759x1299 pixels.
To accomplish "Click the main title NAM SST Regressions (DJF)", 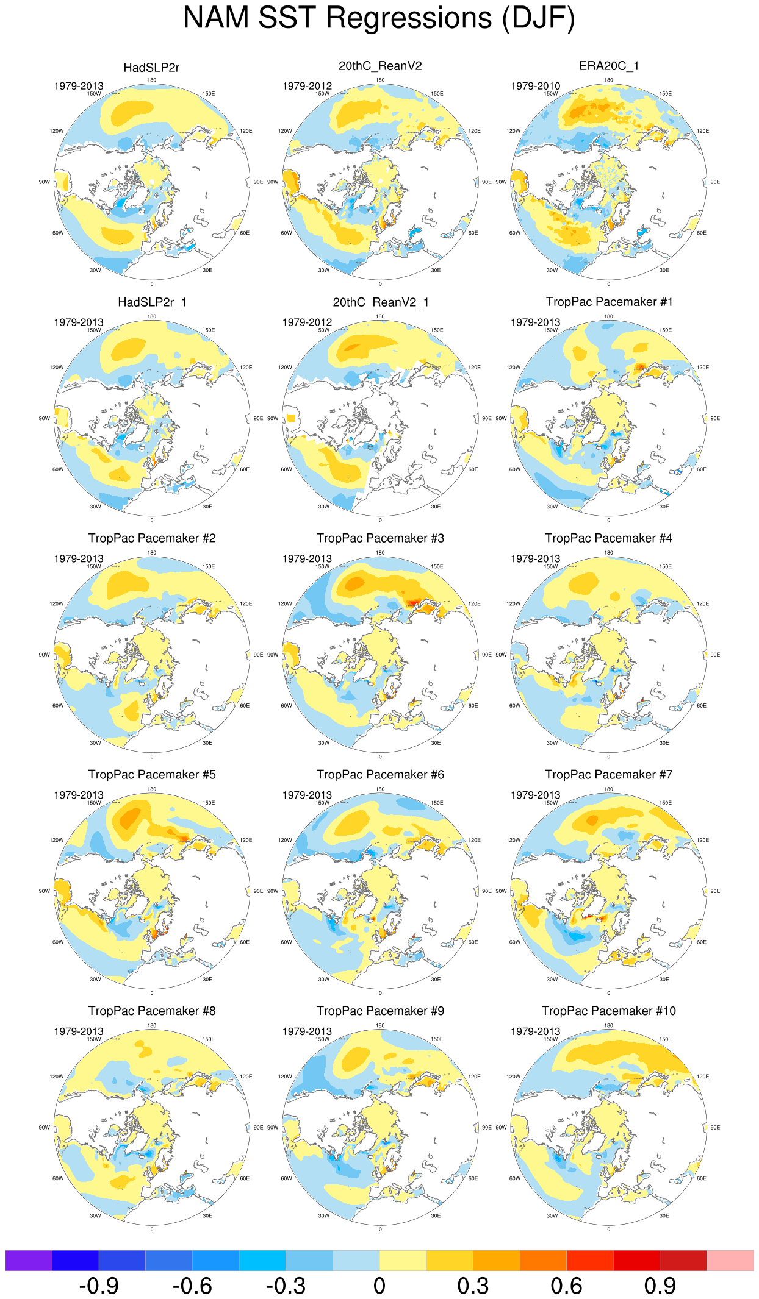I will pyautogui.click(x=379, y=18).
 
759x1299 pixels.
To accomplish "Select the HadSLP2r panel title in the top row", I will pyautogui.click(x=151, y=68).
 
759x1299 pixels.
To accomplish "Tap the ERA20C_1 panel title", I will pyautogui.click(x=608, y=66).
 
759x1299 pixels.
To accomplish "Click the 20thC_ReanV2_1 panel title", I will pyautogui.click(x=380, y=302).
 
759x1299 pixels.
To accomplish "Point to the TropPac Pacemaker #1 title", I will pyautogui.click(x=608, y=302).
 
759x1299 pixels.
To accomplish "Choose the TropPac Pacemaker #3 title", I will pyautogui.click(x=380, y=538).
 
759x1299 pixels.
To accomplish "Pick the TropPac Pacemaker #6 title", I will pyautogui.click(x=380, y=775).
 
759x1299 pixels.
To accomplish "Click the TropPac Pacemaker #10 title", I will pyautogui.click(x=608, y=1011).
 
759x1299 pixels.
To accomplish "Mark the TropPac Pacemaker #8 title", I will pyautogui.click(x=151, y=1011).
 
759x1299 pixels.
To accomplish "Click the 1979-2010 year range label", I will pyautogui.click(x=535, y=86).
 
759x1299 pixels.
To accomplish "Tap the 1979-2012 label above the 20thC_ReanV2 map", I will pyautogui.click(x=307, y=86).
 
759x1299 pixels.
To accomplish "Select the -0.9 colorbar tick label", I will pyautogui.click(x=99, y=1286).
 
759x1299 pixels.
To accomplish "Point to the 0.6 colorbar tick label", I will pyautogui.click(x=566, y=1286).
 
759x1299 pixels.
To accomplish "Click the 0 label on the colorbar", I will pyautogui.click(x=379, y=1286).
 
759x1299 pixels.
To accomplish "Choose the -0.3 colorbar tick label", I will pyautogui.click(x=286, y=1286).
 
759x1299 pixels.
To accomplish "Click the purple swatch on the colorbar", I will pyautogui.click(x=29, y=1260).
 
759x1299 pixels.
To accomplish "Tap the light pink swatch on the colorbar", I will pyautogui.click(x=730, y=1260).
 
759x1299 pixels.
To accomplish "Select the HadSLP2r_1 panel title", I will pyautogui.click(x=151, y=302).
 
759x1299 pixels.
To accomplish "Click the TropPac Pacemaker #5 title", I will pyautogui.click(x=151, y=775).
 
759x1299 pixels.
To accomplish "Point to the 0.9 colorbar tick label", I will pyautogui.click(x=660, y=1286).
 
